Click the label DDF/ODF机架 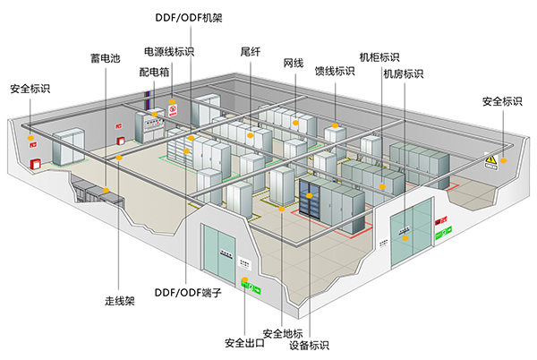click(189, 16)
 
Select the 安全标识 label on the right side click(502, 101)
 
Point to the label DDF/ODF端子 click(187, 292)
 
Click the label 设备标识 click(310, 345)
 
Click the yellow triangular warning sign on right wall click(490, 161)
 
